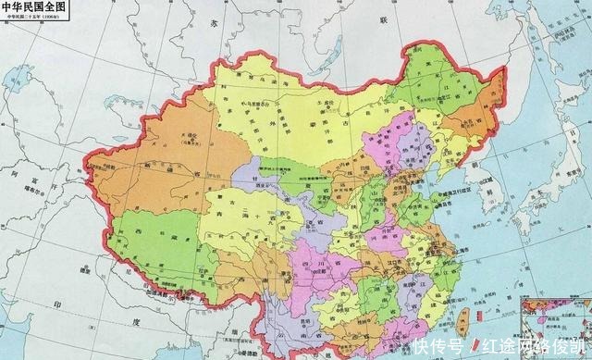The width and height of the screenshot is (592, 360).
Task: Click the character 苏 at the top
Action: click(219, 20)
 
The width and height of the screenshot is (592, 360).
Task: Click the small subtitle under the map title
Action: click(33, 19)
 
